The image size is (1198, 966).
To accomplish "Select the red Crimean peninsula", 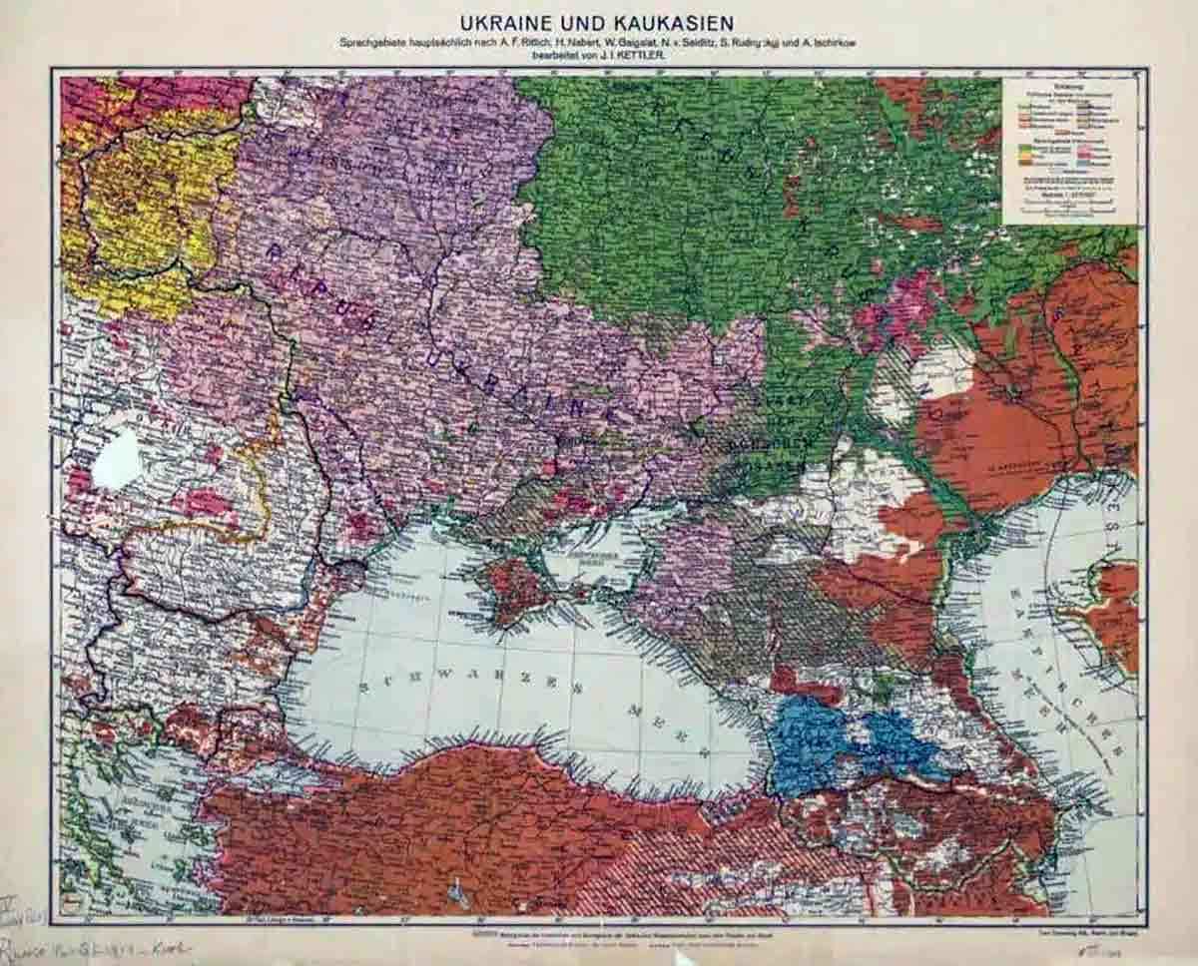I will [514, 589].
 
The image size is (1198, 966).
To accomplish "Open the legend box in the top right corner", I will [1068, 150].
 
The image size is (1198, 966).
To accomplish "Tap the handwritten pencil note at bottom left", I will [90, 946].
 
